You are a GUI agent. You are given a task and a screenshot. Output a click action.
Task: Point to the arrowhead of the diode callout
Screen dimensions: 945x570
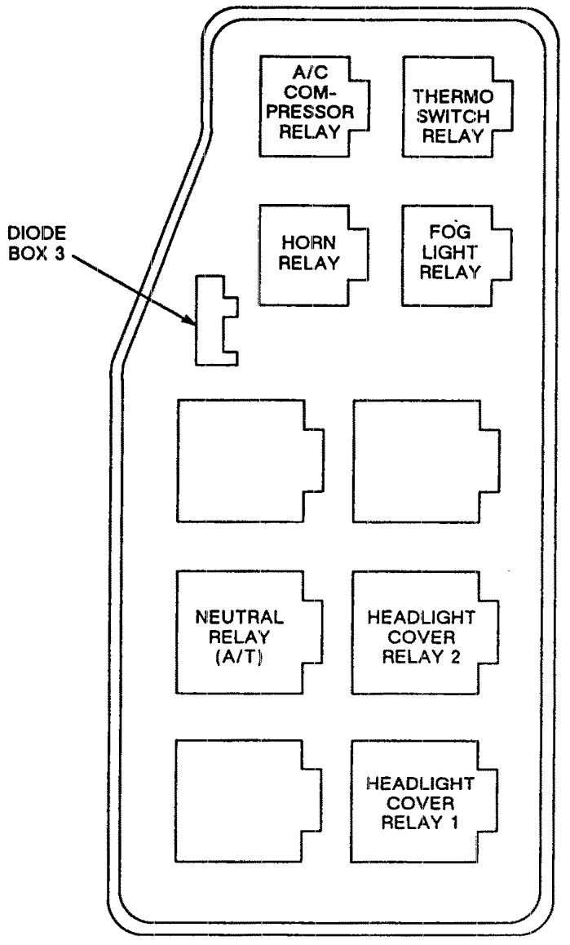(192, 322)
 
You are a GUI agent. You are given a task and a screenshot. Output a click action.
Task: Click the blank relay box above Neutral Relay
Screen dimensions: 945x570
(245, 460)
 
